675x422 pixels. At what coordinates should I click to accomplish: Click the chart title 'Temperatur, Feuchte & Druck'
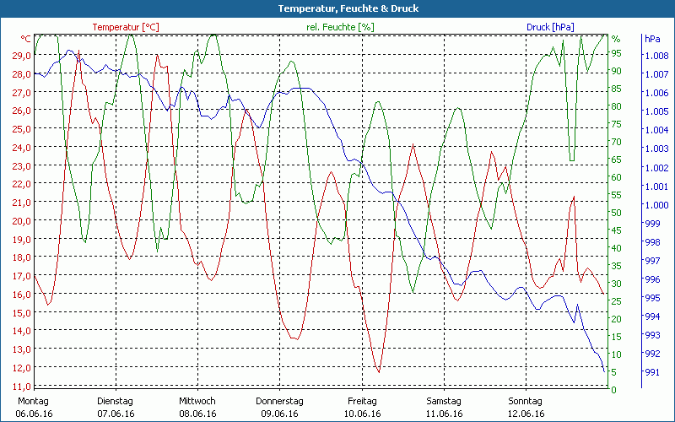pyautogui.click(x=337, y=8)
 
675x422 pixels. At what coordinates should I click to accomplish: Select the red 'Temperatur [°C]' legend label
pyautogui.click(x=126, y=27)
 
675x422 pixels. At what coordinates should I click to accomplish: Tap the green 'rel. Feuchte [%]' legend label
pyautogui.click(x=341, y=27)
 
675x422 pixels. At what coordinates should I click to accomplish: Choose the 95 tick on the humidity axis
pyautogui.click(x=616, y=53)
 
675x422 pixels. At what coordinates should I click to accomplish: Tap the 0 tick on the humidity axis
pyautogui.click(x=613, y=389)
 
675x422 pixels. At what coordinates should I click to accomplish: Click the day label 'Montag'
pyautogui.click(x=33, y=401)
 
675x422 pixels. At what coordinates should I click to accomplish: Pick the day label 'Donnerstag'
pyautogui.click(x=279, y=401)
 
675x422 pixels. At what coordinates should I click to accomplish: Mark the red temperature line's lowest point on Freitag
pyautogui.click(x=379, y=371)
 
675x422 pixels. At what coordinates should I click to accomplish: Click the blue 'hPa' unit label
pyautogui.click(x=652, y=39)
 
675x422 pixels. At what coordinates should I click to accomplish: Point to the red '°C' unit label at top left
pyautogui.click(x=26, y=39)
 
